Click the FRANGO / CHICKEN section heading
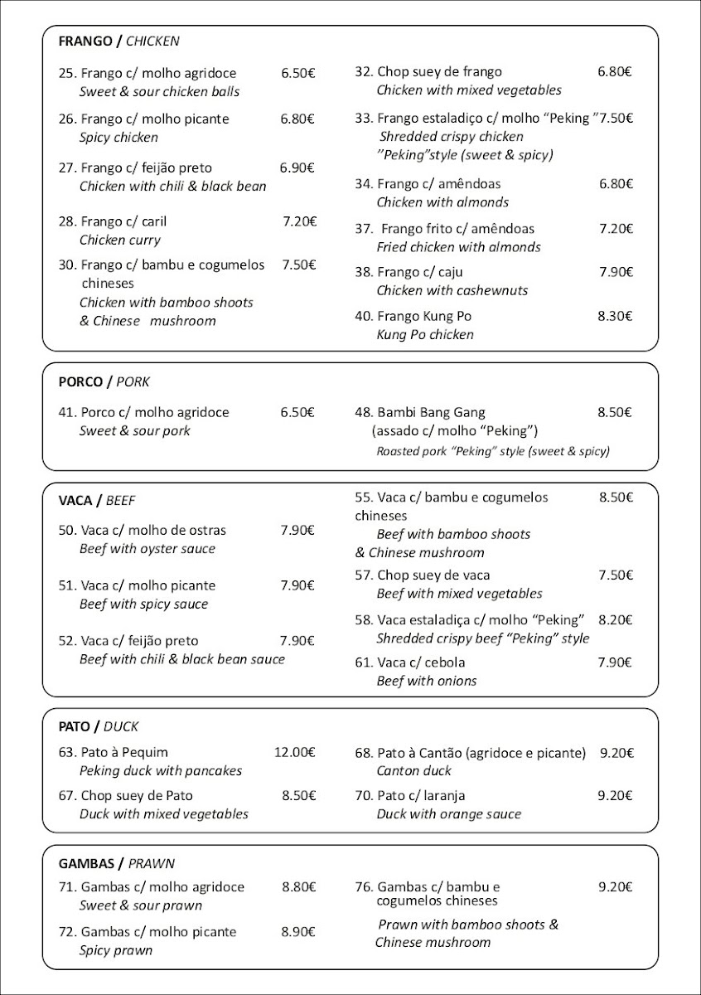[x=118, y=41]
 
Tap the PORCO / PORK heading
[x=104, y=382]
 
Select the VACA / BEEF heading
[x=96, y=501]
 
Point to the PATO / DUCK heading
[x=98, y=726]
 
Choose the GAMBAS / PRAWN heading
[x=116, y=863]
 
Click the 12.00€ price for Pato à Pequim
[x=294, y=753]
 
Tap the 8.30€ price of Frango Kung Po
[x=615, y=316]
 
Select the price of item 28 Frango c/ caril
[x=299, y=221]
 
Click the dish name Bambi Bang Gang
[x=420, y=412]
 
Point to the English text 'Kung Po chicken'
[x=425, y=335]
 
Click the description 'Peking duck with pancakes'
[x=161, y=771]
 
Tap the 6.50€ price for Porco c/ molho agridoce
[x=297, y=412]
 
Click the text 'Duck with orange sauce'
[x=448, y=814]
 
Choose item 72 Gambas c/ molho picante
[x=147, y=932]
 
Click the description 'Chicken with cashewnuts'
[x=452, y=290]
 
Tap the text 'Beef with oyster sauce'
[x=147, y=549]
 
